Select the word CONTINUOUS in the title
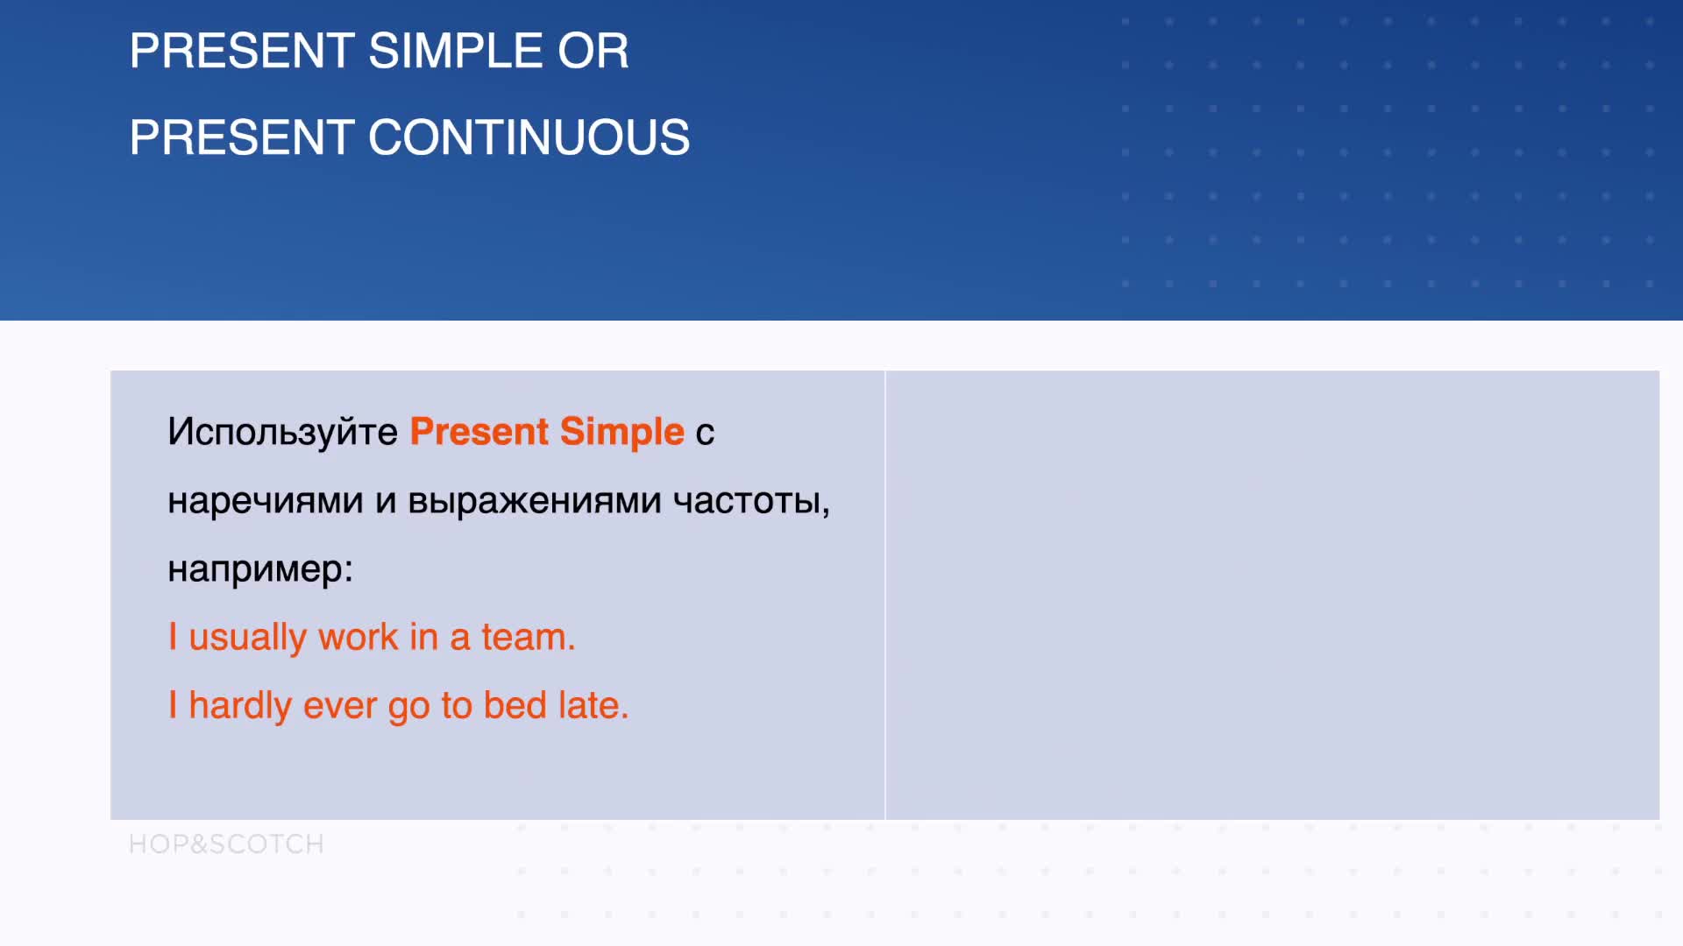(x=529, y=138)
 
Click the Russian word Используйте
(x=282, y=432)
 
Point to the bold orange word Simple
(x=621, y=432)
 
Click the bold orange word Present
(x=479, y=432)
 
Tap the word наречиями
(x=265, y=501)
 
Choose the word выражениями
(x=535, y=501)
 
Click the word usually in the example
(x=247, y=638)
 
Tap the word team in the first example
(x=528, y=638)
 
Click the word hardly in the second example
(x=240, y=706)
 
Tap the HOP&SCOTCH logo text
(x=226, y=844)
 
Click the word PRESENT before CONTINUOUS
(x=242, y=138)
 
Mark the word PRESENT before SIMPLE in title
(x=242, y=51)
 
